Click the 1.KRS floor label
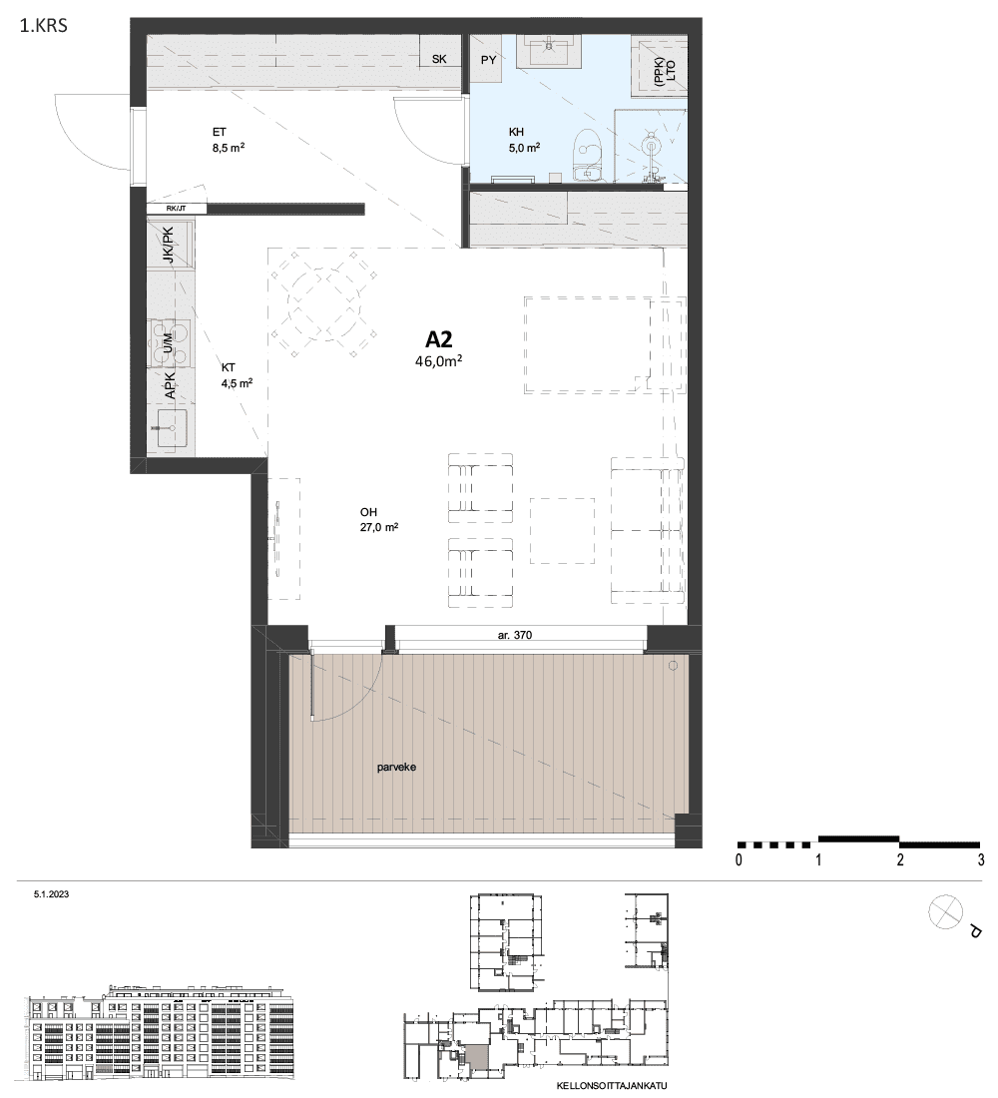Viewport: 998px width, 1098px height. (x=44, y=27)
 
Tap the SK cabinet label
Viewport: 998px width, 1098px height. (x=439, y=59)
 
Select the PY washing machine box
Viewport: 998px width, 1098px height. (x=488, y=60)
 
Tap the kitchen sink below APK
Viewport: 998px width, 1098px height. (x=171, y=428)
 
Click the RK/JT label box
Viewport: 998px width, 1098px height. (x=177, y=208)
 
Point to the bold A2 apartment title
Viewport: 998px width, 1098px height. (x=439, y=339)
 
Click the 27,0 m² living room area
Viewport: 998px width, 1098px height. (x=379, y=527)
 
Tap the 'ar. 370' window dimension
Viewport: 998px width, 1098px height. (x=515, y=635)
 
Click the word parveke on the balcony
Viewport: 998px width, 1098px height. (x=396, y=767)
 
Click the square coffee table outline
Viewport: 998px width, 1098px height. (x=562, y=531)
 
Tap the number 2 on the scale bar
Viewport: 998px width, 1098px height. (x=900, y=859)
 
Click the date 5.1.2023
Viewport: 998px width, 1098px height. (x=51, y=894)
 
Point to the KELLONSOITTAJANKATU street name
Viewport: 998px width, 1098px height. (x=612, y=1086)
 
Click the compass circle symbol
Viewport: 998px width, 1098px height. (x=945, y=912)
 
